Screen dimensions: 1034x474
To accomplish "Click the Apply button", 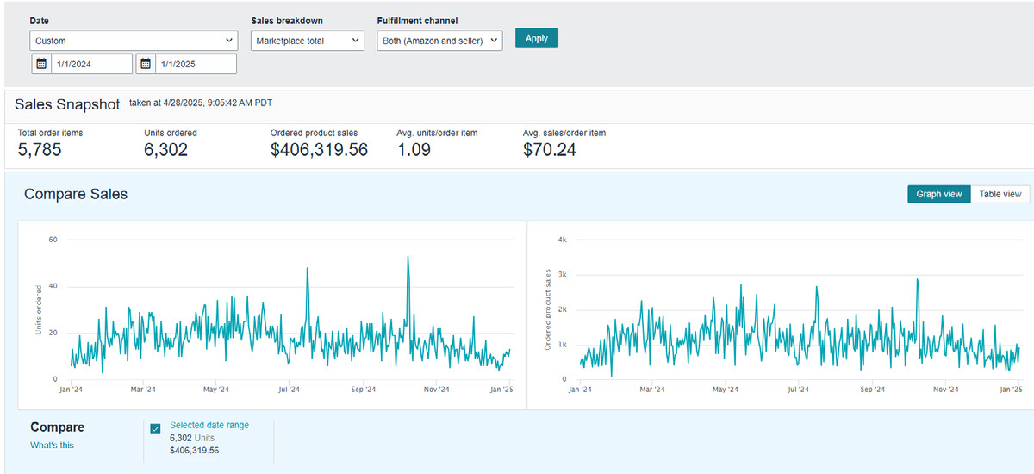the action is click(x=536, y=38).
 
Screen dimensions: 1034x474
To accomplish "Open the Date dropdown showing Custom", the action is click(x=134, y=41).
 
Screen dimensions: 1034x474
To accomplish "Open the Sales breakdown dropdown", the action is click(x=308, y=41).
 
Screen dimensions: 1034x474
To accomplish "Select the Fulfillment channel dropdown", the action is click(x=439, y=41).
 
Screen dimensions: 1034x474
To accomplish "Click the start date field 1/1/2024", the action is click(x=91, y=64).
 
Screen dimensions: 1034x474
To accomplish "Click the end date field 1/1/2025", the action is click(x=196, y=64).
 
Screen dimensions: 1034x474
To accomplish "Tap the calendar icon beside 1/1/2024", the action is click(x=41, y=64).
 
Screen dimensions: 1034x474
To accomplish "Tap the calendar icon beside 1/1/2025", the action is click(x=146, y=64).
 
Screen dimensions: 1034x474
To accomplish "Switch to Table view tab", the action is click(x=1000, y=194).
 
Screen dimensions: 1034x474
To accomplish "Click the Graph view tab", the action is click(x=939, y=194).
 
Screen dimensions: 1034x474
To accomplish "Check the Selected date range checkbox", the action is click(x=156, y=429).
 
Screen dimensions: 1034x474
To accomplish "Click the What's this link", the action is click(x=53, y=446).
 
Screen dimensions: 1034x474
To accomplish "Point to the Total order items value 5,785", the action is click(x=40, y=150).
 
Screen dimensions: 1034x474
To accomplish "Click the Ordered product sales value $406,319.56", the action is click(x=319, y=150).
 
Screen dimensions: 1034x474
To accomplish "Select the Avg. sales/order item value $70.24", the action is click(x=550, y=150).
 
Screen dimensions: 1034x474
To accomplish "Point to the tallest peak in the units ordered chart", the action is click(x=408, y=257).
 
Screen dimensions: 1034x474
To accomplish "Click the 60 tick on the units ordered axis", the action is click(x=53, y=240).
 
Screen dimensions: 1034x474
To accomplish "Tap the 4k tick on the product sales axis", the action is click(x=562, y=240).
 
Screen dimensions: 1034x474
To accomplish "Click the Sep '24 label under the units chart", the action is click(x=364, y=390).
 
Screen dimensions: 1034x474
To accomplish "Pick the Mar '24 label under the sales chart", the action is click(x=652, y=390).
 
